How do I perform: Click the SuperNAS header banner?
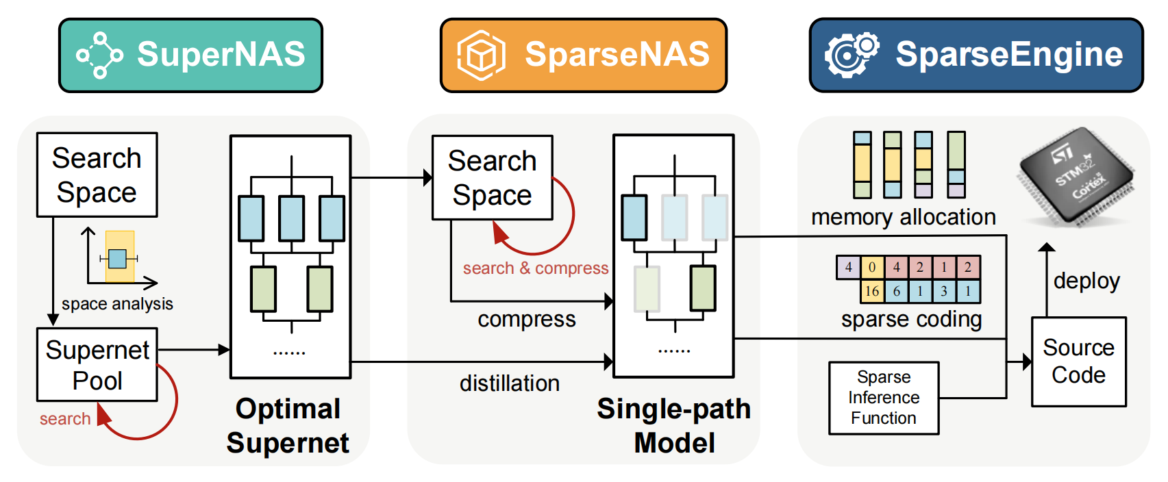191,55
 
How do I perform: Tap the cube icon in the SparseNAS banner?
481,55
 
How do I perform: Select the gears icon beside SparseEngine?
852,55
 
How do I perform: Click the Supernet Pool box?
97,365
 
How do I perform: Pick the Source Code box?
1079,361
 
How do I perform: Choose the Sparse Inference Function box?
884,398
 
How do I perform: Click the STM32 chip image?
1076,177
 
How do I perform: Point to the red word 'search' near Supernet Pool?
65,418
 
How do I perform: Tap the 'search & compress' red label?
536,268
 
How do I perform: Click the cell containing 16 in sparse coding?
872,291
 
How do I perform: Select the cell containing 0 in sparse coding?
872,267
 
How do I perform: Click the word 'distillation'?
510,383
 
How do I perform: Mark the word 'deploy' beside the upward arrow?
1086,281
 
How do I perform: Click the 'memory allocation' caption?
904,217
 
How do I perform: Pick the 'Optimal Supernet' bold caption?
288,426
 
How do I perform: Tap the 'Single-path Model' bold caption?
674,426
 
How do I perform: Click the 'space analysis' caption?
117,303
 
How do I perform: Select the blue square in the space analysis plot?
117,258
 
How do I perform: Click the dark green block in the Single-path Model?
702,288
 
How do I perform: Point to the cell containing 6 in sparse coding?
896,291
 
